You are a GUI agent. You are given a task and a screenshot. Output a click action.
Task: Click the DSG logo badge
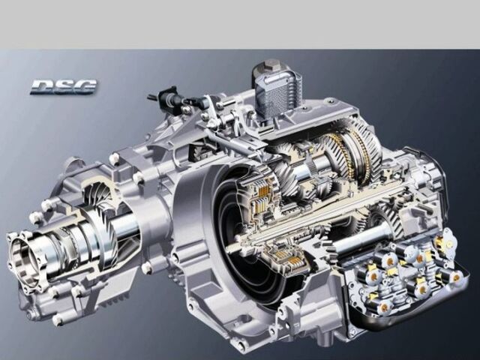point(64,87)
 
